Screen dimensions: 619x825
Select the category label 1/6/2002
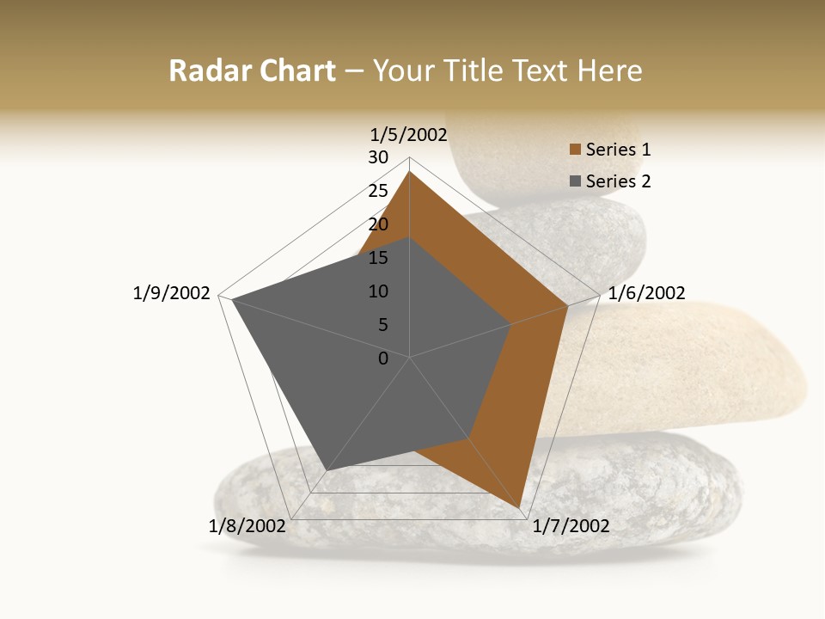tap(646, 293)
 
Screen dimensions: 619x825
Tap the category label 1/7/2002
tap(571, 526)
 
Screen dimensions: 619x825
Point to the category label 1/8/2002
tap(247, 526)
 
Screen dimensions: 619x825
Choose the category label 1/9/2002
tap(172, 293)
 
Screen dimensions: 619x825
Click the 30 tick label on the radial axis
tap(378, 157)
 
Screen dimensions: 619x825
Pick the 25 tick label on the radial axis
tap(378, 191)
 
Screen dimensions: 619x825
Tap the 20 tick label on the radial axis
tap(378, 224)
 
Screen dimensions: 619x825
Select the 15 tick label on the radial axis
tap(378, 258)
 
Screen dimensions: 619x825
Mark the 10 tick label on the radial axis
tap(378, 291)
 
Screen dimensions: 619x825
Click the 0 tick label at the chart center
tap(383, 359)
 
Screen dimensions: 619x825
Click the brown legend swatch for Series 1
tap(575, 150)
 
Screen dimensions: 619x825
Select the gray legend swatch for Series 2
tap(575, 181)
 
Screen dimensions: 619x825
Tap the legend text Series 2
tap(618, 181)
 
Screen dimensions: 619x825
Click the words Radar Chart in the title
tap(252, 70)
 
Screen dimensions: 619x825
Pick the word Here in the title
tap(610, 70)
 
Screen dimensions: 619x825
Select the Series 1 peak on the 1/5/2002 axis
tap(409, 171)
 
